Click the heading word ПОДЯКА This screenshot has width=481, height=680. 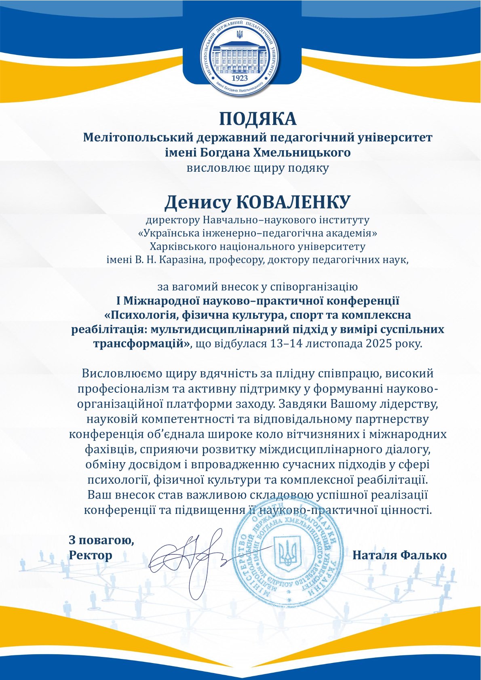click(x=258, y=119)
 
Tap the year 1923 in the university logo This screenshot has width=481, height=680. click(x=241, y=77)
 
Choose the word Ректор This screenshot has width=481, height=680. click(x=91, y=555)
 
